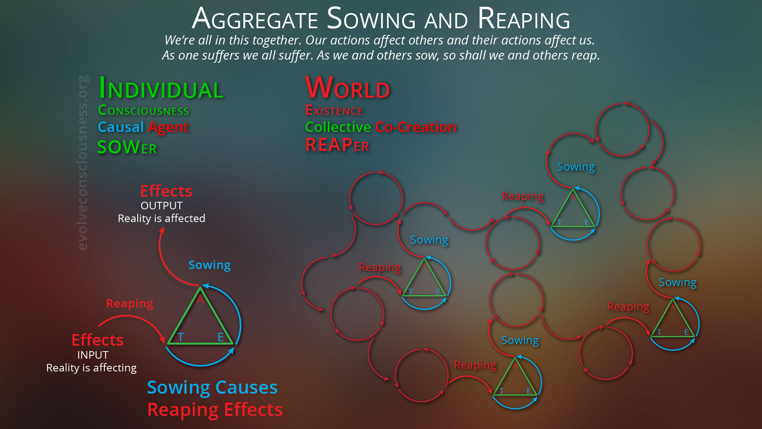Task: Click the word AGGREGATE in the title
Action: (x=255, y=19)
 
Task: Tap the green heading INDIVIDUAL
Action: (x=161, y=88)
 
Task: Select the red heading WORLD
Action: (x=348, y=88)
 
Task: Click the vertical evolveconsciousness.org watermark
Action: (x=83, y=163)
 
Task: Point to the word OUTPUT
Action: (x=162, y=206)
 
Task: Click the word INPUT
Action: (x=93, y=355)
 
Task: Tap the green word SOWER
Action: (x=127, y=147)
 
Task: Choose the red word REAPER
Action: (x=337, y=145)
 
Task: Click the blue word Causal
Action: (x=121, y=127)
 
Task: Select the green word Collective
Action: (x=338, y=127)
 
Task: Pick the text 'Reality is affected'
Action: (x=162, y=218)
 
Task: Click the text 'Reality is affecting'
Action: (x=91, y=368)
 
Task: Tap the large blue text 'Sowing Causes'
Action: (x=212, y=387)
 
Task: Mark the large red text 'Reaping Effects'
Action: (x=215, y=410)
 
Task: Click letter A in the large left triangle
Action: (x=200, y=299)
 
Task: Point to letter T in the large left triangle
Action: (x=181, y=337)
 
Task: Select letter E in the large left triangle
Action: (x=221, y=337)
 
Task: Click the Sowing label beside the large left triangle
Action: (x=210, y=265)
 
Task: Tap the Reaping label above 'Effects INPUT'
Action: (x=129, y=303)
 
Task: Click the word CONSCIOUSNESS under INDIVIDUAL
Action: (x=143, y=110)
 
